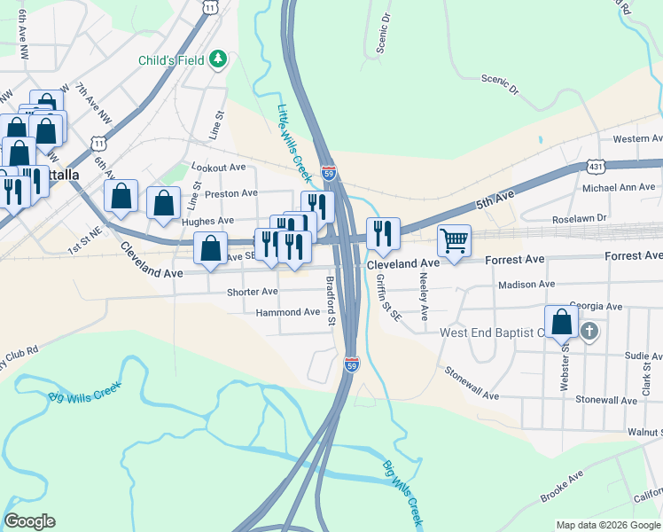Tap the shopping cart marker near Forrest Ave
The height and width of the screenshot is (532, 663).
click(454, 239)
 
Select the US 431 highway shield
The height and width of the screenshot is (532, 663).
click(595, 167)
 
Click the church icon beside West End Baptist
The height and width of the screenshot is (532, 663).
click(589, 332)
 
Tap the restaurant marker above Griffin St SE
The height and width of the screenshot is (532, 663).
click(383, 233)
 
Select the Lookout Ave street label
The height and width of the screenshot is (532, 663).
click(219, 168)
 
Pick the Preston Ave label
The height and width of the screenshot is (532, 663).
click(231, 193)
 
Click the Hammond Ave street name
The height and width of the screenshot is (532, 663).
click(287, 312)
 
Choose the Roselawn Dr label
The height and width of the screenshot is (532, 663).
click(578, 217)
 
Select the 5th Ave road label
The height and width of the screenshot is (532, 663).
click(495, 203)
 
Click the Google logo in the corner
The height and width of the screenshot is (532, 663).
click(29, 521)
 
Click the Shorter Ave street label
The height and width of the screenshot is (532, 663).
click(252, 292)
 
